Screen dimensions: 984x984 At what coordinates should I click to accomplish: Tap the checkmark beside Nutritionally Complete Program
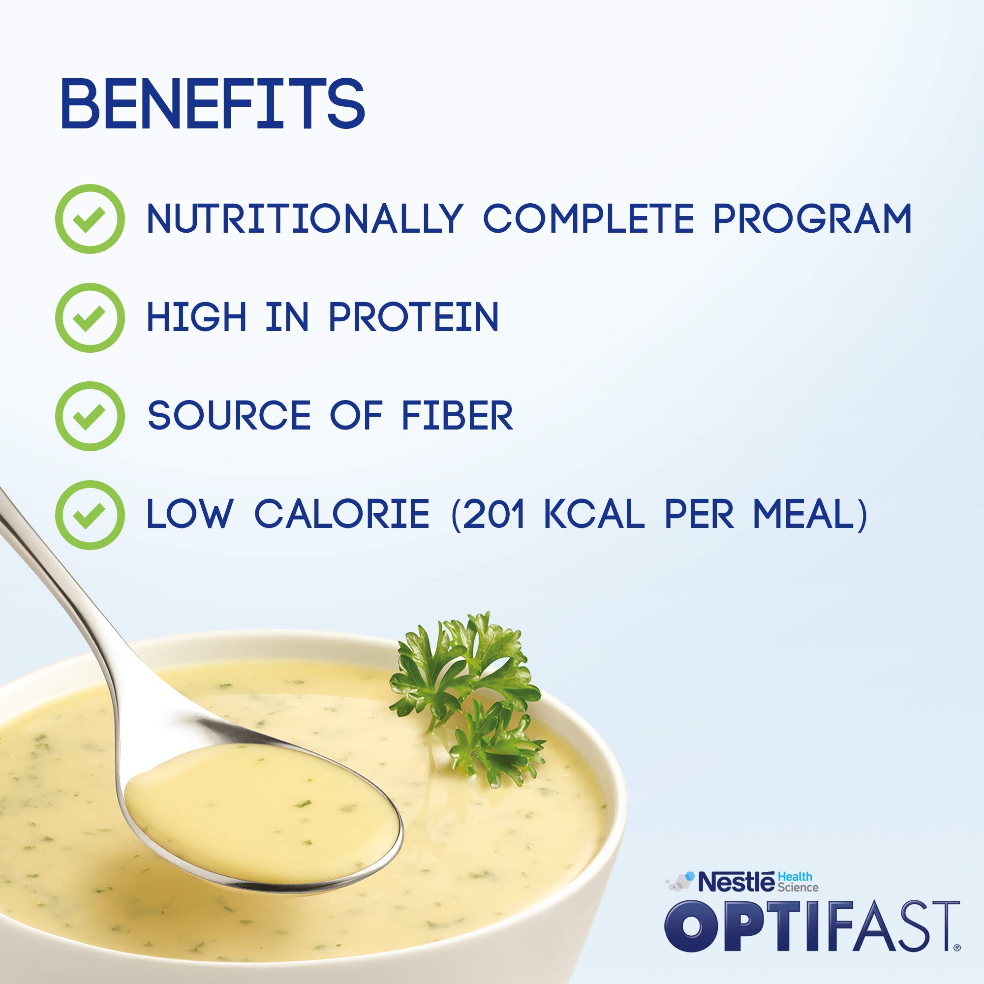click(x=90, y=219)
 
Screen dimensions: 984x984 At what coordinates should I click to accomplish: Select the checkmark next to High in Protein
click(x=90, y=318)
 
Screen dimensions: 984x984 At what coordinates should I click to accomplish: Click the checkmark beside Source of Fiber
click(x=90, y=416)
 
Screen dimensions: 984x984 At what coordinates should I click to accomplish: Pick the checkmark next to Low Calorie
click(x=90, y=515)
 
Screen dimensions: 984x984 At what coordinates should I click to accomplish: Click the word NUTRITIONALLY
click(x=305, y=219)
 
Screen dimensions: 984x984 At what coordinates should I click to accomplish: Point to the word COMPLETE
click(x=588, y=219)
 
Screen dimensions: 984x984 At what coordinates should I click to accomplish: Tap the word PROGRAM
click(x=812, y=219)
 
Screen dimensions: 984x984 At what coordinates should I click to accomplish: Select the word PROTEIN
click(x=413, y=317)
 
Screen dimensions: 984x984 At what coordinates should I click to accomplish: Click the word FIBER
click(x=457, y=416)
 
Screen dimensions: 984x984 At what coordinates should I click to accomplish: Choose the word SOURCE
click(x=229, y=416)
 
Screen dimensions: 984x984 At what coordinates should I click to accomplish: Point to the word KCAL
click(x=594, y=515)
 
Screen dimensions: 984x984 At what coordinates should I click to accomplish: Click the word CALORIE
click(x=342, y=515)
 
